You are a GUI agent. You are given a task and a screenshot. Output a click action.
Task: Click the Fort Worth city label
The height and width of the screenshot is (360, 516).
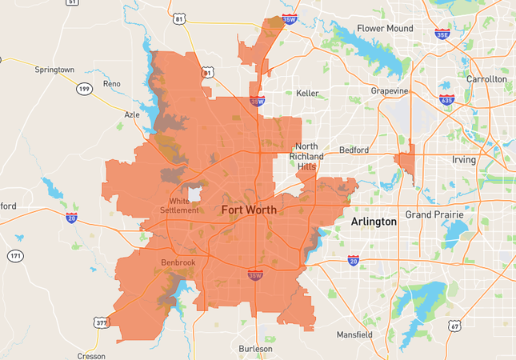[249, 210]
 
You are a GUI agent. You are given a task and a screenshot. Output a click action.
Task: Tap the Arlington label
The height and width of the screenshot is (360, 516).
[374, 222]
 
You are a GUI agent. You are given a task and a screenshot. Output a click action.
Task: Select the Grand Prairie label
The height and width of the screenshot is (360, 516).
[434, 215]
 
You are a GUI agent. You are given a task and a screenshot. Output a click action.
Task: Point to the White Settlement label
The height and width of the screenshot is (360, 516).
[178, 206]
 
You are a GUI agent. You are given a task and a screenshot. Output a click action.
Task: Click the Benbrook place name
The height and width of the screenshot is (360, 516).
[178, 262]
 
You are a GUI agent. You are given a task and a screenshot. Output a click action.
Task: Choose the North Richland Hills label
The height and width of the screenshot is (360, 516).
[309, 157]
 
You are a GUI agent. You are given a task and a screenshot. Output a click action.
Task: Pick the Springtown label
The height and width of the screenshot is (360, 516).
[54, 70]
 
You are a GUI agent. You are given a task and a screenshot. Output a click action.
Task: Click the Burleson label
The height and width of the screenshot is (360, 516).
[255, 349]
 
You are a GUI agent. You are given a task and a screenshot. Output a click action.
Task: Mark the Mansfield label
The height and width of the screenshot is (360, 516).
[354, 334]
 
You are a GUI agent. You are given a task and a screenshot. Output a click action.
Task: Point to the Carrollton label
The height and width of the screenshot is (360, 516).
[486, 79]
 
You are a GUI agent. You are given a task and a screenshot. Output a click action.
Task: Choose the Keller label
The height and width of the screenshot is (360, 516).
[307, 94]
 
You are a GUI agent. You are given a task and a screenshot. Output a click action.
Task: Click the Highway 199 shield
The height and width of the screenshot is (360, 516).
[84, 88]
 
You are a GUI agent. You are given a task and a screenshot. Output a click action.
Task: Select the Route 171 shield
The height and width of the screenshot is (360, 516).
[16, 256]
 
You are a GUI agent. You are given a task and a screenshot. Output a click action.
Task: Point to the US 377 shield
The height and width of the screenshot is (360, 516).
[100, 322]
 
